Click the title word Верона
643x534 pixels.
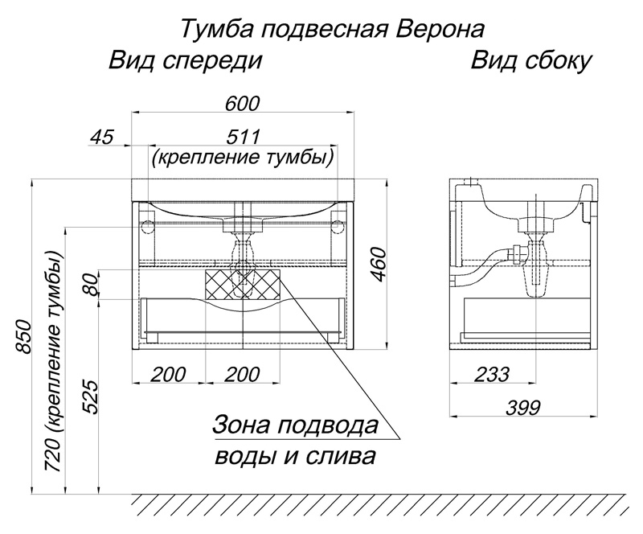(x=440, y=29)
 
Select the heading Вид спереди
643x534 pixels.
(x=185, y=61)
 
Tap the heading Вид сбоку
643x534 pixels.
(x=531, y=61)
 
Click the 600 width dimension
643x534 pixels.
(x=243, y=104)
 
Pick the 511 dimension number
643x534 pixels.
(x=244, y=137)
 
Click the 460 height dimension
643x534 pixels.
(x=379, y=265)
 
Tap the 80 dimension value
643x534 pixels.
(x=91, y=285)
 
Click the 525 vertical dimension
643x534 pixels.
(x=91, y=397)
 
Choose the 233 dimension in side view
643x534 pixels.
(x=493, y=374)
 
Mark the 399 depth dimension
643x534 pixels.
(x=524, y=408)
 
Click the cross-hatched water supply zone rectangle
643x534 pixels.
(x=243, y=285)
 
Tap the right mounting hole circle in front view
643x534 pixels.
(x=338, y=226)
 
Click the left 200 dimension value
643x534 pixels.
(x=169, y=374)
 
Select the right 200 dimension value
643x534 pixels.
(x=243, y=374)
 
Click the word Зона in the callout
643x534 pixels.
(x=241, y=425)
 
